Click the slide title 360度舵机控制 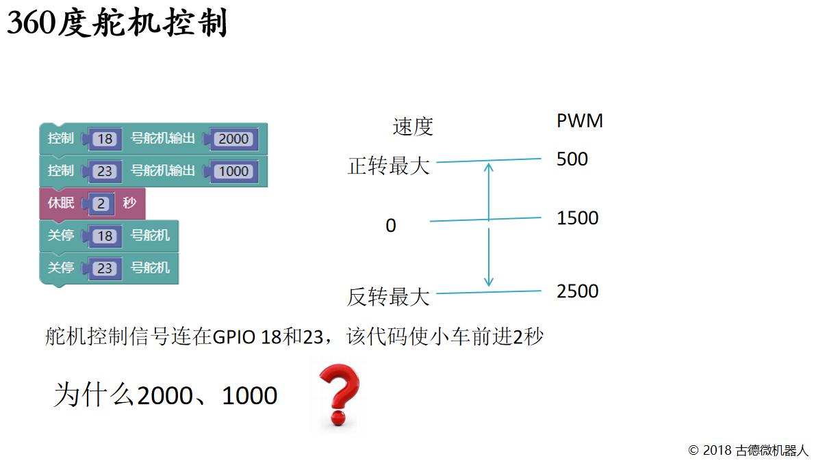click(117, 23)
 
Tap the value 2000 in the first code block click(233, 139)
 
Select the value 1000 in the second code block click(233, 171)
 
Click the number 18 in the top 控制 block click(105, 139)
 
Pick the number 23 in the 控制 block click(105, 171)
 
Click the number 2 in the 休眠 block click(101, 204)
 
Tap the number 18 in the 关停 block click(105, 236)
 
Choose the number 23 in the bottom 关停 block click(105, 268)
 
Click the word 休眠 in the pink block click(61, 203)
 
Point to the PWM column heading click(580, 120)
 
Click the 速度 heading click(413, 127)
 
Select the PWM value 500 click(572, 159)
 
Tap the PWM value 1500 click(577, 218)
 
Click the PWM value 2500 click(577, 291)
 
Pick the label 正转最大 click(388, 166)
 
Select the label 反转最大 click(388, 297)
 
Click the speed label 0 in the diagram click(391, 226)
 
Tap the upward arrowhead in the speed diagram click(488, 167)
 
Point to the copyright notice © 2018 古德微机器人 click(748, 451)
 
